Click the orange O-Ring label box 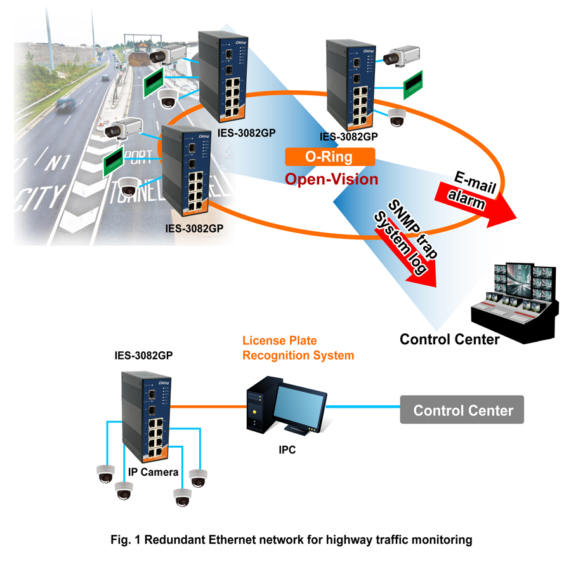[330, 157]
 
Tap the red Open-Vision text [331, 179]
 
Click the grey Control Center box [463, 410]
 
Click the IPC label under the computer [287, 450]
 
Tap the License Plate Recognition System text [298, 348]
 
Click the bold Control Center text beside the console [449, 339]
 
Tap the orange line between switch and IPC [209, 406]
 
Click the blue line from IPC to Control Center [364, 405]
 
